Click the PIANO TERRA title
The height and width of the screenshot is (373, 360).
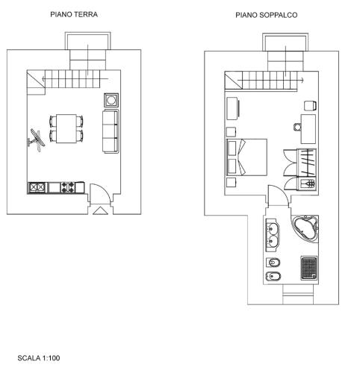coord(74,14)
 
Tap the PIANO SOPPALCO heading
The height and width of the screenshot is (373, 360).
coord(267,15)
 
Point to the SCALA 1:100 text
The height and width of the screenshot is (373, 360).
coord(39,358)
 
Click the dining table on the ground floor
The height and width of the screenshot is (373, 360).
coord(66,128)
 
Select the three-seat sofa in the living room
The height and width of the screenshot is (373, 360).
coord(111,131)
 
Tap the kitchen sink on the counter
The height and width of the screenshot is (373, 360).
coord(37,187)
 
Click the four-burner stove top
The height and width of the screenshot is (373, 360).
coord(68,187)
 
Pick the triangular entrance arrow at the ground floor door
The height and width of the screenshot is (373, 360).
coord(99,210)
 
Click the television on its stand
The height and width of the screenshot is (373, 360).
coord(37,140)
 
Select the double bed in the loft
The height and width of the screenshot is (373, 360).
coord(246,157)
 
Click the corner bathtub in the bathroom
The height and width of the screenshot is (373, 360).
coord(305,228)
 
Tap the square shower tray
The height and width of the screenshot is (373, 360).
coord(309,269)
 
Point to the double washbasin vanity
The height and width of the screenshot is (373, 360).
coord(273,235)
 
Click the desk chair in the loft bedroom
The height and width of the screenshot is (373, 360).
coord(297,127)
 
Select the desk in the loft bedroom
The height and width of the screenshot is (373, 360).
coord(308,129)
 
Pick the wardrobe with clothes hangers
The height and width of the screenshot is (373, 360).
coord(307,163)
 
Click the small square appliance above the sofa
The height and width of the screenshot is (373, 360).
coord(111,100)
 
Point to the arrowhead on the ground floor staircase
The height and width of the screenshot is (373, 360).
coord(43,79)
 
